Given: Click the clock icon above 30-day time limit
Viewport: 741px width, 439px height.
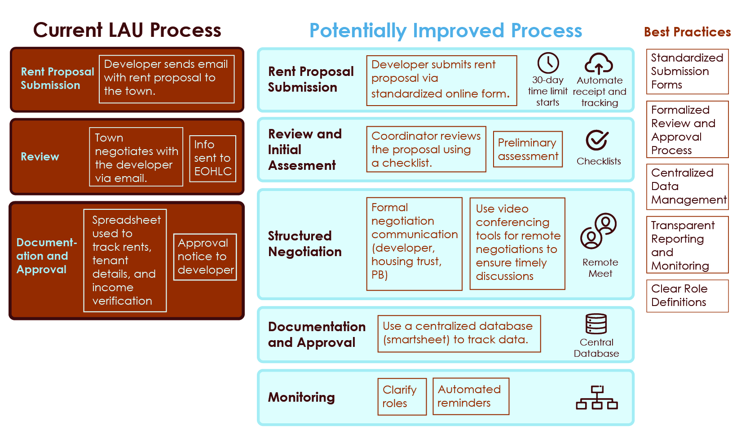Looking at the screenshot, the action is pos(548,62).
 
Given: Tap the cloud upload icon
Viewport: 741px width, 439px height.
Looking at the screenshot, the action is pos(599,63).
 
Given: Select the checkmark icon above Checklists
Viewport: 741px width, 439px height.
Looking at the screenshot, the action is pos(597,140).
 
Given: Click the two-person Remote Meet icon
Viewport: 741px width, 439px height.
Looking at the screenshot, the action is pos(599,231).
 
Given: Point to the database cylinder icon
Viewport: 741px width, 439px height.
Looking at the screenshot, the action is pos(596,324).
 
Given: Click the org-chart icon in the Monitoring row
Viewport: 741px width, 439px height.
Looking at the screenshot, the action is pos(597,397).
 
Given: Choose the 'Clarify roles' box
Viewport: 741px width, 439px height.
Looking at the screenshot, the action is pos(402,396).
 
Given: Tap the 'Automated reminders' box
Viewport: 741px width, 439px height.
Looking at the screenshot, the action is pos(471,396).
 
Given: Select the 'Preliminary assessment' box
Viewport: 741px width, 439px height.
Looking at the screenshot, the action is pos(528,149).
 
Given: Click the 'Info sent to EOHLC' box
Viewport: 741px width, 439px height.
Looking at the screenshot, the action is pos(213,158).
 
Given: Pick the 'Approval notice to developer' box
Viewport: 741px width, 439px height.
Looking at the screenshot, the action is pos(205,257).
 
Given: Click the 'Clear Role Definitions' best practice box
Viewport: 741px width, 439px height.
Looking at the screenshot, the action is pos(688,296).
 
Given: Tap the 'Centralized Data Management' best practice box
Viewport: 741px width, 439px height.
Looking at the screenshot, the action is pos(688,187).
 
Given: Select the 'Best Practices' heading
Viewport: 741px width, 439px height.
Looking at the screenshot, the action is pos(688,32).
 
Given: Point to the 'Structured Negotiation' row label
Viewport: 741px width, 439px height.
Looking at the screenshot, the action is pos(304,244).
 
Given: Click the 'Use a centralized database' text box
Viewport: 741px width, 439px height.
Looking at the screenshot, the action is pos(459,333).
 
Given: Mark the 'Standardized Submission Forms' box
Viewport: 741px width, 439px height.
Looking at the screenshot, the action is pos(688,71).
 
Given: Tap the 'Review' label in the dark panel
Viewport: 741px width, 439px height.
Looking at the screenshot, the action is pos(40,157).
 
